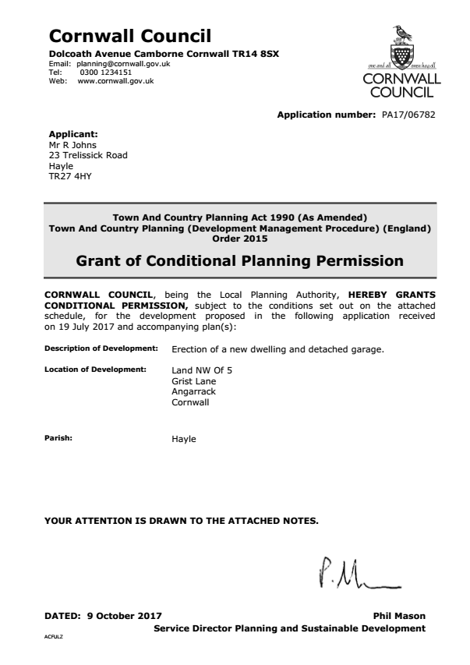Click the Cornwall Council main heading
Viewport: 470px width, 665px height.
(x=129, y=35)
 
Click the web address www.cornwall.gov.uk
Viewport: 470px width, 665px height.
(x=115, y=80)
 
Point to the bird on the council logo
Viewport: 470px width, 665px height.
(x=403, y=32)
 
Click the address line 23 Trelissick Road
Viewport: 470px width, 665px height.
(x=88, y=155)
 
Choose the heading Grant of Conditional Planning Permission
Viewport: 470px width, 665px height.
(x=239, y=261)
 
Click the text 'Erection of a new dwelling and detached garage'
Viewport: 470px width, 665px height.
(x=277, y=348)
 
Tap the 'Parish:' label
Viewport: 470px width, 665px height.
(x=58, y=438)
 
